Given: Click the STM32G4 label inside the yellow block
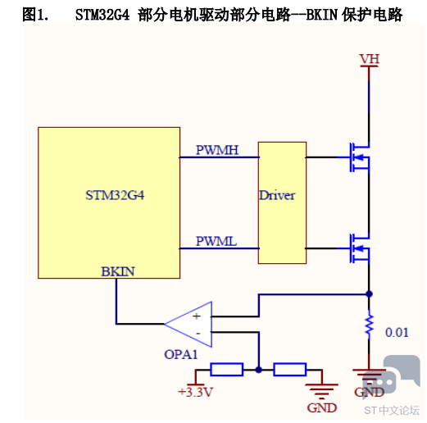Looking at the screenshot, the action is [115, 195].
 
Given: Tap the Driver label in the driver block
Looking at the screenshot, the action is [277, 195].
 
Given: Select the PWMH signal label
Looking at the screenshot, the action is [217, 150].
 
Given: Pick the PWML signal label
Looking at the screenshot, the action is [216, 241].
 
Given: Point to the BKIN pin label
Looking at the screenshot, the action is [118, 271].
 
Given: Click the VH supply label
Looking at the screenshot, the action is [370, 59].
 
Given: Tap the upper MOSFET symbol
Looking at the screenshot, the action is [360, 157].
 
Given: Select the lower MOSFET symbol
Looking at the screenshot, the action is [360, 248].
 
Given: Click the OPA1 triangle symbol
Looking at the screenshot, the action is [189, 324].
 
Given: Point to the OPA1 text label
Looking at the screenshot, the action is [180, 354].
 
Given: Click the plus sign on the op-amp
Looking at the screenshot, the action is [197, 316].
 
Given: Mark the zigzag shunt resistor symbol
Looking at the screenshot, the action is [369, 324].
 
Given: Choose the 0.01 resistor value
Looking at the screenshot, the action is [397, 332].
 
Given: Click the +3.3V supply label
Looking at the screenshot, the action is [195, 392].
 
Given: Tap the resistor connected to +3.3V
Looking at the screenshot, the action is [227, 370].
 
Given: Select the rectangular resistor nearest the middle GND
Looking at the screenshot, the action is [290, 370].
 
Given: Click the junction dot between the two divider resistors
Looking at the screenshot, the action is [258, 370].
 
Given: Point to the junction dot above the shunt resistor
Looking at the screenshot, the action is [369, 294].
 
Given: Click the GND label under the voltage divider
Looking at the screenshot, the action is [322, 408].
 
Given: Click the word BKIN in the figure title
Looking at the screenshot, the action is [322, 15].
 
